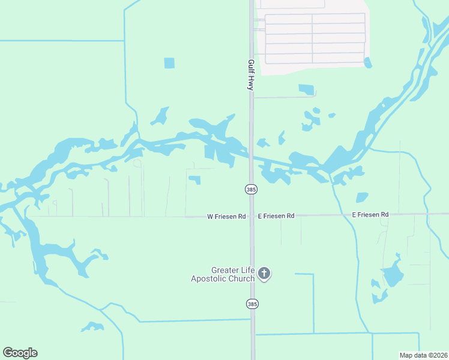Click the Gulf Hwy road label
(x=251, y=74)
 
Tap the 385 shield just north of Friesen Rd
(x=251, y=190)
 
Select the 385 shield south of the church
(x=251, y=304)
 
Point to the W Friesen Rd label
(x=226, y=216)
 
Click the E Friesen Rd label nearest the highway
(x=276, y=215)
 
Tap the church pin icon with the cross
(x=264, y=274)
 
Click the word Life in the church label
(x=247, y=271)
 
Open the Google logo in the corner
(x=20, y=353)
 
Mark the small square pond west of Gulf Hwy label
(x=169, y=63)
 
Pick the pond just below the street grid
(x=306, y=89)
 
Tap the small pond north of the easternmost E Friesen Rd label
(x=361, y=197)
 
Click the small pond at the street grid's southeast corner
(x=367, y=62)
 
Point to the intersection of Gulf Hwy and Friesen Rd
(x=252, y=216)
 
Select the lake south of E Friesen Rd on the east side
(x=391, y=275)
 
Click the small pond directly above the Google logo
(x=92, y=326)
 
